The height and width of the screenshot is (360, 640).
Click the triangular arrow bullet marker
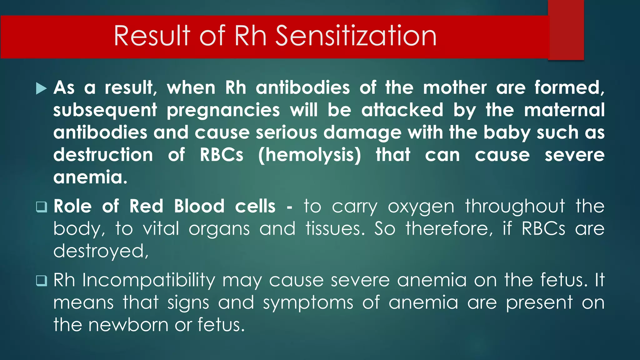tap(41, 88)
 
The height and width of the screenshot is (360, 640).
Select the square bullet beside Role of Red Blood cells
tap(41, 207)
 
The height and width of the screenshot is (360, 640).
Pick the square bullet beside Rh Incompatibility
tap(41, 281)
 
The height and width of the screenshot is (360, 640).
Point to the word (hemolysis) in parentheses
tap(309, 155)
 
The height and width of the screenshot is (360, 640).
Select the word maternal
tap(564, 110)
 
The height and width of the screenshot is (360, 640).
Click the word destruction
tap(103, 155)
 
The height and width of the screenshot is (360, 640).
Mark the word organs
tap(219, 229)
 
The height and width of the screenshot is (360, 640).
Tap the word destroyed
tap(101, 252)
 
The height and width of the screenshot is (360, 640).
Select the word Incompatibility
tap(149, 281)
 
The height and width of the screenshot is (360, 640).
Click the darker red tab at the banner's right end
tap(566, 30)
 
